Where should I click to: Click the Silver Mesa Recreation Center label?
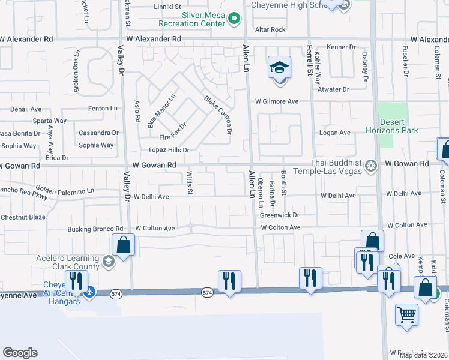191,19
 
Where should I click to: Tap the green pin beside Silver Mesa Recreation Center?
234,23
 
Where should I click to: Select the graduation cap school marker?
279,68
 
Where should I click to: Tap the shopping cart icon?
406,314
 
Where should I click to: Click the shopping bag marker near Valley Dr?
123,245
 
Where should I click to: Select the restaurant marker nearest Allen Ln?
229,281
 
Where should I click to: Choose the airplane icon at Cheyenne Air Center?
89,292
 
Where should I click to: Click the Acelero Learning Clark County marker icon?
108,260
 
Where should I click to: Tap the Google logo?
20,353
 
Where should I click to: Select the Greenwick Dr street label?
279,214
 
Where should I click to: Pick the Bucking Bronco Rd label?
95,229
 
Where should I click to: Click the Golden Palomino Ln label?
65,190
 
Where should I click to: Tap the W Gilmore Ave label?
277,101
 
